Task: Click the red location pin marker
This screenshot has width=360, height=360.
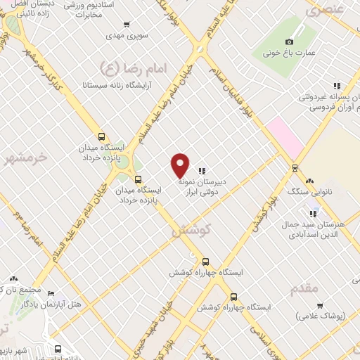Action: [x=181, y=165]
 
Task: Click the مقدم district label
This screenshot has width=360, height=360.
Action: [x=302, y=288]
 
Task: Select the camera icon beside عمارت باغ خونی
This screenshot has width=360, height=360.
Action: [x=289, y=41]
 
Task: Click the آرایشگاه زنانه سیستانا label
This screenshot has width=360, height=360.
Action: [x=93, y=85]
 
